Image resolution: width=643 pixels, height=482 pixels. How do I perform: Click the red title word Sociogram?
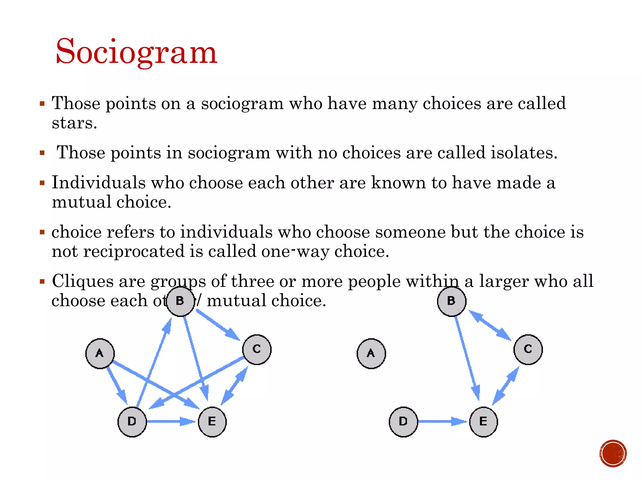pyautogui.click(x=136, y=52)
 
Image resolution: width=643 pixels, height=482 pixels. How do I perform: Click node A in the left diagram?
pyautogui.click(x=100, y=353)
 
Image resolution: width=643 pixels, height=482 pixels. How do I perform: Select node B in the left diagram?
pyautogui.click(x=180, y=301)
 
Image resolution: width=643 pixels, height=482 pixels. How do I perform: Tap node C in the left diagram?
pyautogui.click(x=257, y=349)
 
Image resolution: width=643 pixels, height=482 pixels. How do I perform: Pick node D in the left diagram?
pyautogui.click(x=132, y=421)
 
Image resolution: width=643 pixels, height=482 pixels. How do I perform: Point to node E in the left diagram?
pyautogui.click(x=212, y=421)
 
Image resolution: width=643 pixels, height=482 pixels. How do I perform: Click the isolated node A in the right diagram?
pyautogui.click(x=371, y=353)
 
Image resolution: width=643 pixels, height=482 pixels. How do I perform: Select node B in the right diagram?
pyautogui.click(x=451, y=301)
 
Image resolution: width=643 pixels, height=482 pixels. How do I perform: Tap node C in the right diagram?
pyautogui.click(x=528, y=349)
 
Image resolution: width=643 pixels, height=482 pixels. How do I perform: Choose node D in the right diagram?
pyautogui.click(x=403, y=421)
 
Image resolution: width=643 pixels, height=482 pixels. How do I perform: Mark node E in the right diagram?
pyautogui.click(x=484, y=421)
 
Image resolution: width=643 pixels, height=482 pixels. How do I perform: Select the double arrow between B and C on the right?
pyautogui.click(x=490, y=325)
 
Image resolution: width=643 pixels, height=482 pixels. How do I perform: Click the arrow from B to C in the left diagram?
pyautogui.click(x=218, y=325)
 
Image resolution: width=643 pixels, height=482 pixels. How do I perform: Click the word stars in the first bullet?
pyautogui.click(x=74, y=123)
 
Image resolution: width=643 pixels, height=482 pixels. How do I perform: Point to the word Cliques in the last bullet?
pyautogui.click(x=83, y=281)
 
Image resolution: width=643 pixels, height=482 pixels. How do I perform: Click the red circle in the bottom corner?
pyautogui.click(x=613, y=453)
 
